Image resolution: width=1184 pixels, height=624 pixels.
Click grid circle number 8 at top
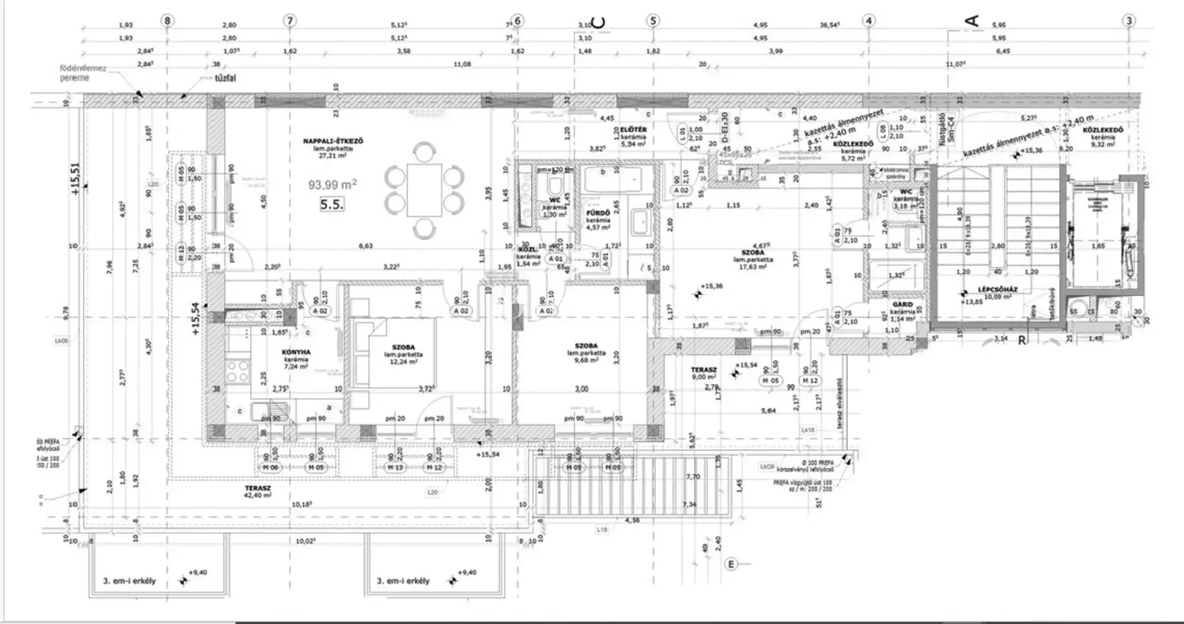166,20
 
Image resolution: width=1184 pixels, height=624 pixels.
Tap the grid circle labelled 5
653,20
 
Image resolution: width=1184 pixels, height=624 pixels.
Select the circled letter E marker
731,564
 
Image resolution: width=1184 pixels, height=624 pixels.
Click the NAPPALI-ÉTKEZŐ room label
333,141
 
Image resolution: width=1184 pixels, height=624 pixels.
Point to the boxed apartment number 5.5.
332,204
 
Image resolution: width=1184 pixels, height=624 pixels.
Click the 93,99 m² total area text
332,185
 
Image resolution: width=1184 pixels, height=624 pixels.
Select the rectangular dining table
424,189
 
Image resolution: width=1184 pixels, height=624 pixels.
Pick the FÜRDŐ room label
598,213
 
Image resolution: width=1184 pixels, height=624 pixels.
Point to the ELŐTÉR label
633,130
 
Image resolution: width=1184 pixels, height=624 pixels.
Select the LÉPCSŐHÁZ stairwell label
997,289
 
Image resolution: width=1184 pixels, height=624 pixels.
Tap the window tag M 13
395,468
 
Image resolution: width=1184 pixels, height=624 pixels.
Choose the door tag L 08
883,131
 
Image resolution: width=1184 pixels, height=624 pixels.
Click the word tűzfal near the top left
226,78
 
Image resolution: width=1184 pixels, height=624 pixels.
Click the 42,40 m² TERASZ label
257,491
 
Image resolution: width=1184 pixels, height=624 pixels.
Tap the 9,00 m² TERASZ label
703,373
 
